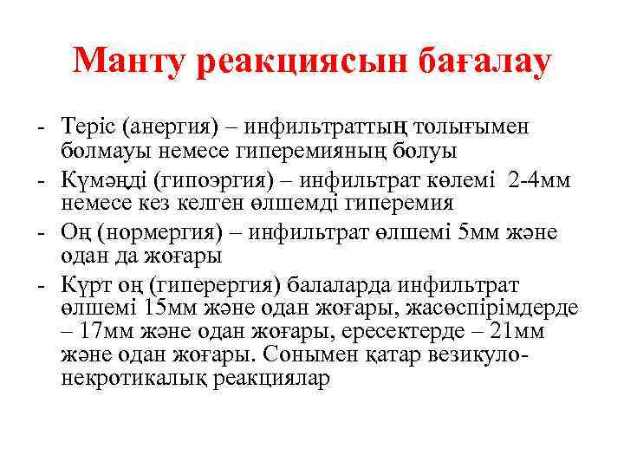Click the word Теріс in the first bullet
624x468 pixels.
point(89,127)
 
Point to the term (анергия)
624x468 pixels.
point(166,127)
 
